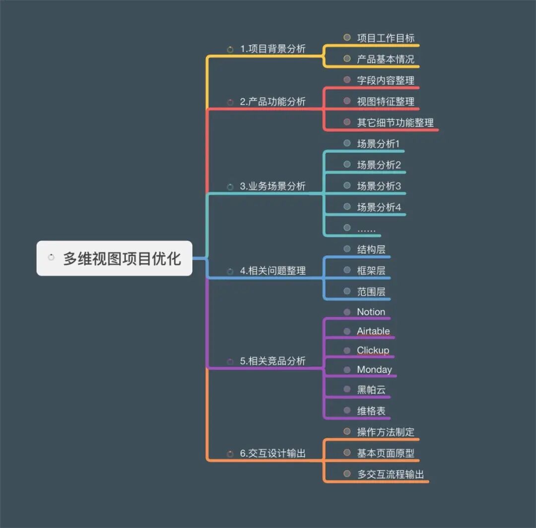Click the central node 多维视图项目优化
122,258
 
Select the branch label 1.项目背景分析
272,49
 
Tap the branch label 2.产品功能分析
272,102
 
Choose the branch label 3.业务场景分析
272,186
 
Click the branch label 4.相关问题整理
272,271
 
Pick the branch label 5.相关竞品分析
272,361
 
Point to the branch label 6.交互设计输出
272,453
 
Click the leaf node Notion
371,312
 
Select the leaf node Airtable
373,331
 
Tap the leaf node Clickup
373,350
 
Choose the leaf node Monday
374,369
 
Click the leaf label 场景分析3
379,186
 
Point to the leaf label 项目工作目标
386,38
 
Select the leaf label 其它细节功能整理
395,122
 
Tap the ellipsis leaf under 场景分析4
366,229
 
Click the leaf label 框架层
371,271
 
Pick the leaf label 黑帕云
371,390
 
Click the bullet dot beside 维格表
347,411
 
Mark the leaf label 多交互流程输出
391,474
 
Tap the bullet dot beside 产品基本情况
347,59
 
